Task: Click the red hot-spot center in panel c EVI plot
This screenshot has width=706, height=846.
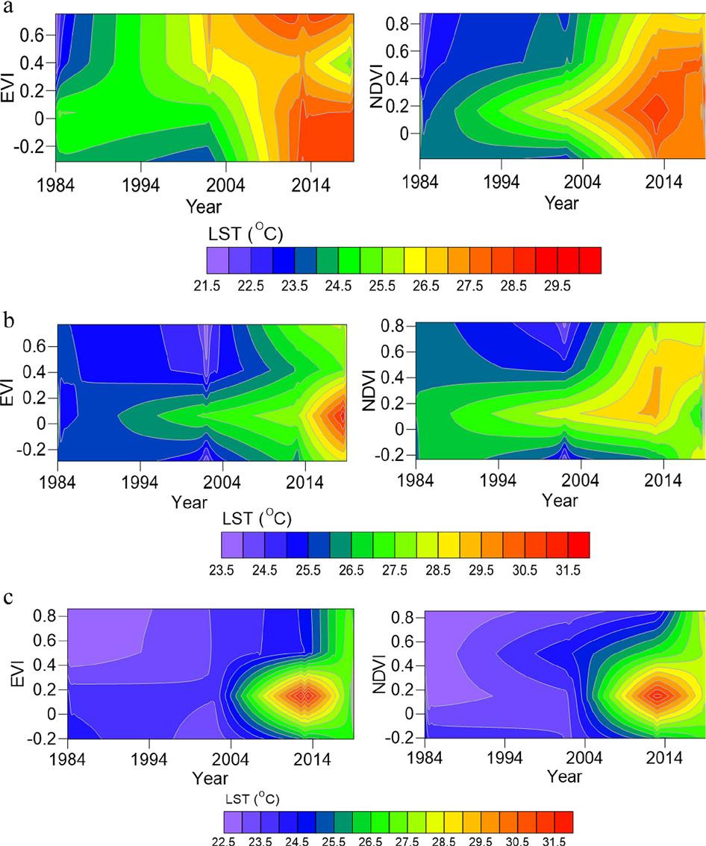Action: click(303, 695)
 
